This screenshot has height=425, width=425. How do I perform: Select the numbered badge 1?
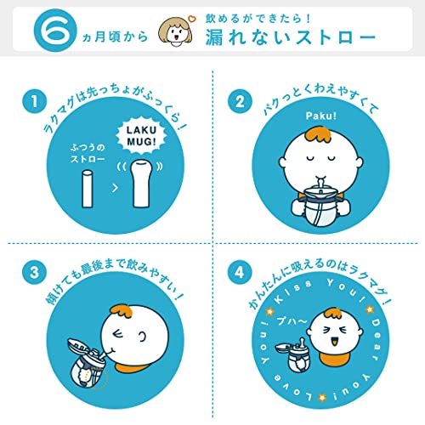[33, 103]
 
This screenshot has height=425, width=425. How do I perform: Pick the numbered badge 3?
[33, 275]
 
